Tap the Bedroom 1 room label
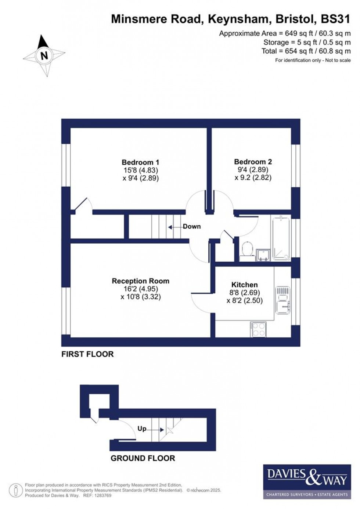coord(140,162)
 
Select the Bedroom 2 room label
coord(253,162)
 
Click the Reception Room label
coord(140,281)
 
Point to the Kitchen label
coord(244,284)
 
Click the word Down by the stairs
coord(192,226)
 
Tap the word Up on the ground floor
coord(142,429)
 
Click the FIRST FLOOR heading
coord(87,354)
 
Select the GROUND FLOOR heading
coord(143,458)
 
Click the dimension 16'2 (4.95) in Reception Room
coord(140,289)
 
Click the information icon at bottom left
coord(16,490)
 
